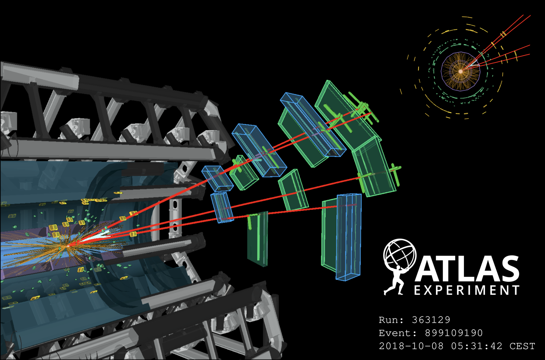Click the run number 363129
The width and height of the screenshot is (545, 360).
click(x=431, y=320)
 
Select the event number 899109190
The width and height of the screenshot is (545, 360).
click(x=453, y=333)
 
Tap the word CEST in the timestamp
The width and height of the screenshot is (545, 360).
click(x=522, y=346)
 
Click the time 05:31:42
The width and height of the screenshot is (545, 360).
click(x=477, y=346)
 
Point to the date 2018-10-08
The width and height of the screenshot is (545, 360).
click(x=411, y=346)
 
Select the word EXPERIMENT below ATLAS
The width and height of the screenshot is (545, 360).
click(x=467, y=290)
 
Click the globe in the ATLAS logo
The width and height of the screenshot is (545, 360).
click(x=400, y=254)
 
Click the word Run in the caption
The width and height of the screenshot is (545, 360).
click(x=388, y=320)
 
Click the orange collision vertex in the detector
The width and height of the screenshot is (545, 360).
click(x=68, y=246)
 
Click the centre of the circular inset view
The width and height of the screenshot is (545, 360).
click(x=461, y=71)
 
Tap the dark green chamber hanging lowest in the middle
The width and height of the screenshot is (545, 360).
click(x=258, y=238)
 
